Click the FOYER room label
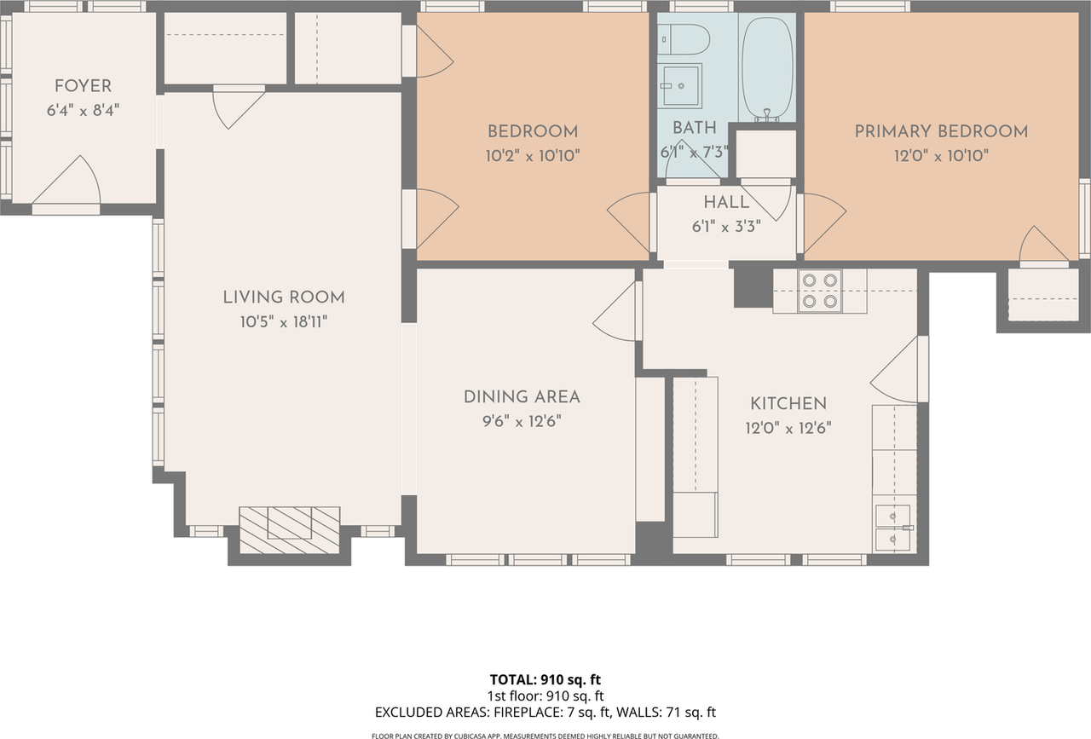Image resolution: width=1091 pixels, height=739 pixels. pos(83,86)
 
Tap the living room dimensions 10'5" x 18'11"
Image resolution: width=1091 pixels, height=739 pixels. pos(284,322)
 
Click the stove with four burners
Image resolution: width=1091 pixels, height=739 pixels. pos(820,291)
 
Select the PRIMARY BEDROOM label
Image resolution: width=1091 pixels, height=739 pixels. pos(941,131)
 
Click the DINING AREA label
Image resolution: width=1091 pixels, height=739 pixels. pos(522,397)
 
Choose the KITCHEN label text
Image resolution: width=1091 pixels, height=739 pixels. pos(788,404)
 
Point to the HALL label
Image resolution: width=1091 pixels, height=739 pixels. pos(726,203)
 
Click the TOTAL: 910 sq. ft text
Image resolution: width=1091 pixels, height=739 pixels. pos(545,680)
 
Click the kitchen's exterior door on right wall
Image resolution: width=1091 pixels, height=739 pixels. pos(899,370)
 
